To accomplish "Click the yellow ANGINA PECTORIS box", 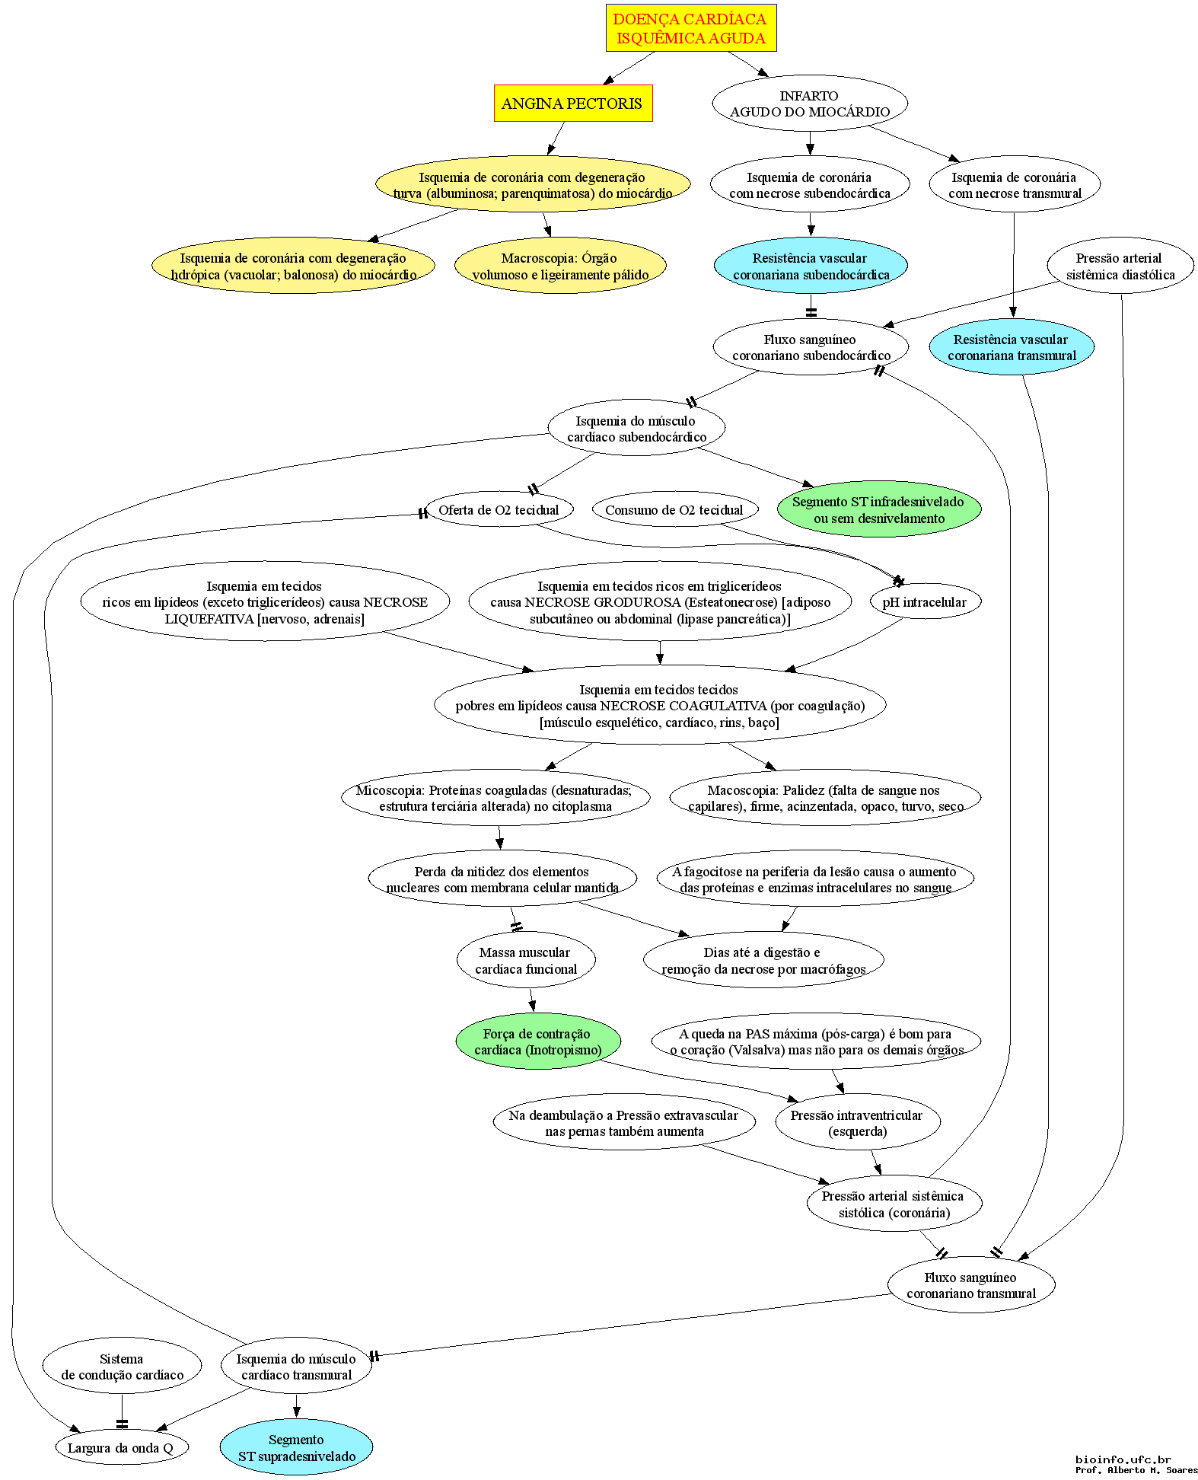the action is [x=573, y=103].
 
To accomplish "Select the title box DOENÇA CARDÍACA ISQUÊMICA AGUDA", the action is [x=691, y=28].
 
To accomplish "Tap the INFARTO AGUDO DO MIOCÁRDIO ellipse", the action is [x=810, y=103].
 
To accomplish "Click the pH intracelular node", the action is [x=925, y=601].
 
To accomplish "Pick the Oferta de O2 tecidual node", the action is [x=499, y=509].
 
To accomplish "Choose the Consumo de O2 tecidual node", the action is [x=674, y=509].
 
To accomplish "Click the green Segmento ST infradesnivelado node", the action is [x=879, y=509].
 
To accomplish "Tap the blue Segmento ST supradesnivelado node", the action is [x=297, y=1447].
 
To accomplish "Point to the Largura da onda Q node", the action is [x=121, y=1447].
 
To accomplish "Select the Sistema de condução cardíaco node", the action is [x=123, y=1367].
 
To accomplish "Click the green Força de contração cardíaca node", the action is [x=538, y=1041].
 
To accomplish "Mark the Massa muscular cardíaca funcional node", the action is [x=526, y=960].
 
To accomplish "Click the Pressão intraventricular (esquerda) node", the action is [x=857, y=1122].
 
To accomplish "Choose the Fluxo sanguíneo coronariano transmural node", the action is [x=971, y=1284].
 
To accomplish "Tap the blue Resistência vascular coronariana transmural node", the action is [x=1012, y=346].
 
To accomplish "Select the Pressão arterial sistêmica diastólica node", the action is [x=1120, y=266].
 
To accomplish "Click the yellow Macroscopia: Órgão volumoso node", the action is [x=560, y=266].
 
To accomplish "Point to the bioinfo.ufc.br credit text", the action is [x=1123, y=1459].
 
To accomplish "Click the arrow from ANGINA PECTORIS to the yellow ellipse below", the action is [x=556, y=139].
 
